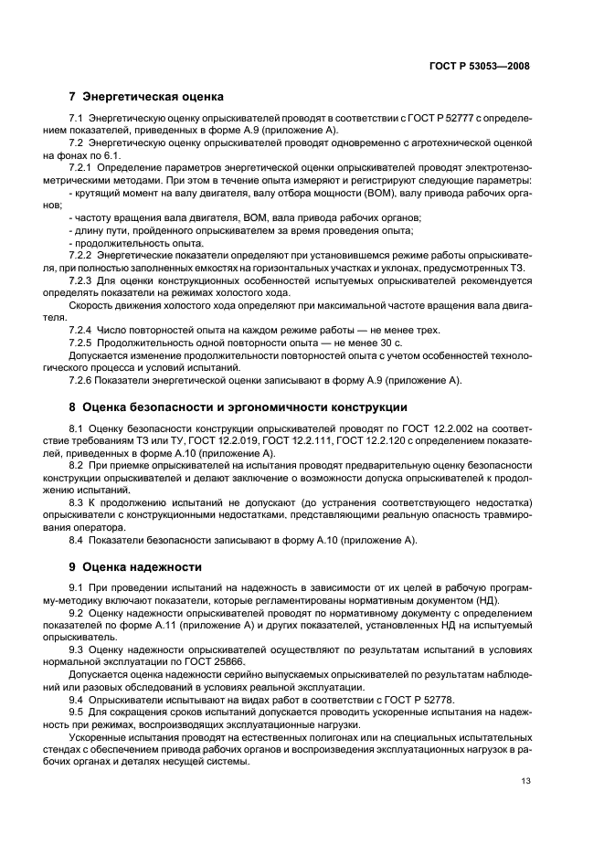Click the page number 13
pyautogui.click(x=525, y=781)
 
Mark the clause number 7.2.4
pyautogui.click(x=82, y=330)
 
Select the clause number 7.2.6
pyautogui.click(x=82, y=380)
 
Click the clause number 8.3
pyautogui.click(x=77, y=502)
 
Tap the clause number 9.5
pyautogui.click(x=77, y=712)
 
